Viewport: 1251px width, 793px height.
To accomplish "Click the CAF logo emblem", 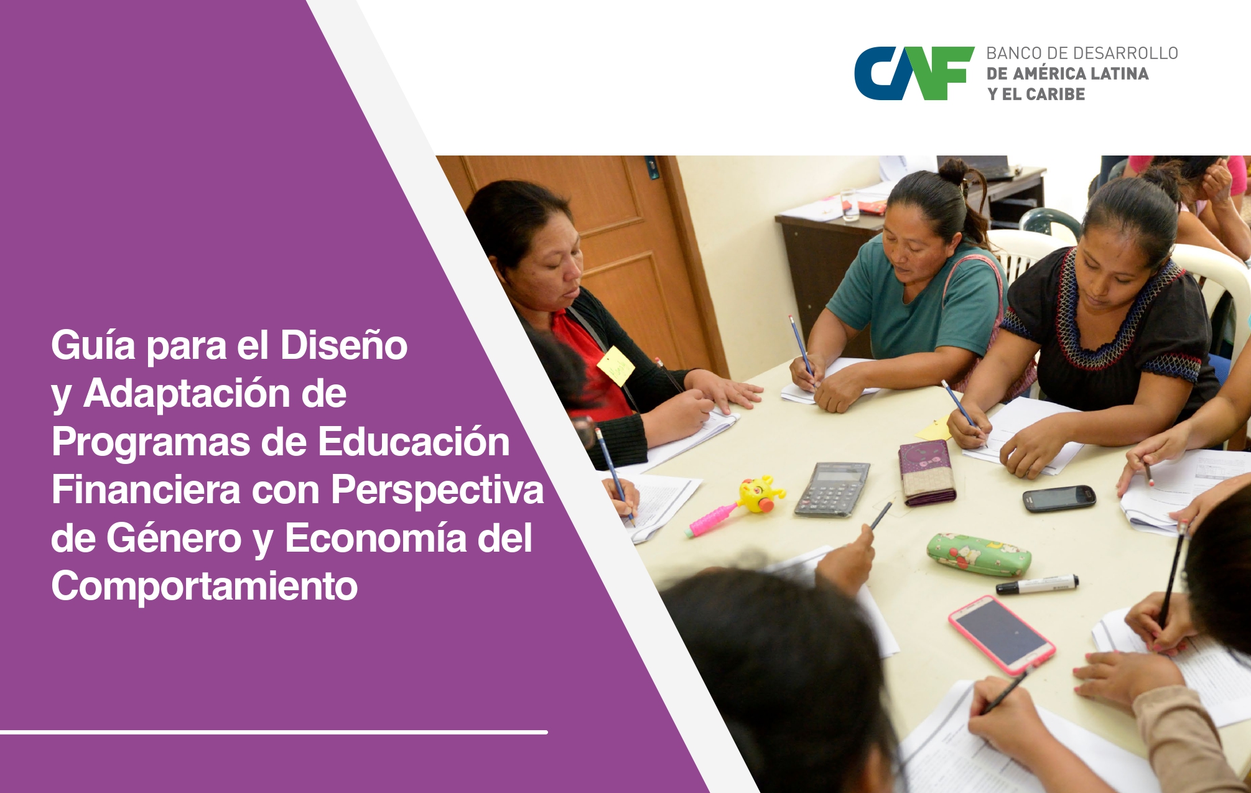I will (x=913, y=73).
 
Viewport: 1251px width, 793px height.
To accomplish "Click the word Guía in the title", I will (x=93, y=346).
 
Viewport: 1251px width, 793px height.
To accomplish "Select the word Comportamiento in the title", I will (x=204, y=586).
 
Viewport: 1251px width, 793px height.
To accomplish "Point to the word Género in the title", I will (x=174, y=538).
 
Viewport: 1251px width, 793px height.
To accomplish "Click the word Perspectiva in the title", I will (x=437, y=489).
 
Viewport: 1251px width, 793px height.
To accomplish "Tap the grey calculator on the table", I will (x=832, y=489).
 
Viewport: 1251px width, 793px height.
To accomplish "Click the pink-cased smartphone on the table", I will (x=1001, y=634).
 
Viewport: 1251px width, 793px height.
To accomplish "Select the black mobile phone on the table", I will (x=1059, y=498).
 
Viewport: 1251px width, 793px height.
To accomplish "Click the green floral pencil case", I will (x=978, y=554).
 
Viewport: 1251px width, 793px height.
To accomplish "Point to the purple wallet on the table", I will (x=927, y=473).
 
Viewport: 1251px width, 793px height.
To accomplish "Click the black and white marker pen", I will (x=1037, y=585).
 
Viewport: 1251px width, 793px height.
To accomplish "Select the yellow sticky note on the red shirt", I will (x=615, y=365).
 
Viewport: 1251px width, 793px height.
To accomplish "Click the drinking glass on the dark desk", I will (x=850, y=205).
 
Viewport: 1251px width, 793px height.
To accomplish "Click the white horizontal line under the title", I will (x=274, y=732).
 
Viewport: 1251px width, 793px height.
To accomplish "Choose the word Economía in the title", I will (x=375, y=538).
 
